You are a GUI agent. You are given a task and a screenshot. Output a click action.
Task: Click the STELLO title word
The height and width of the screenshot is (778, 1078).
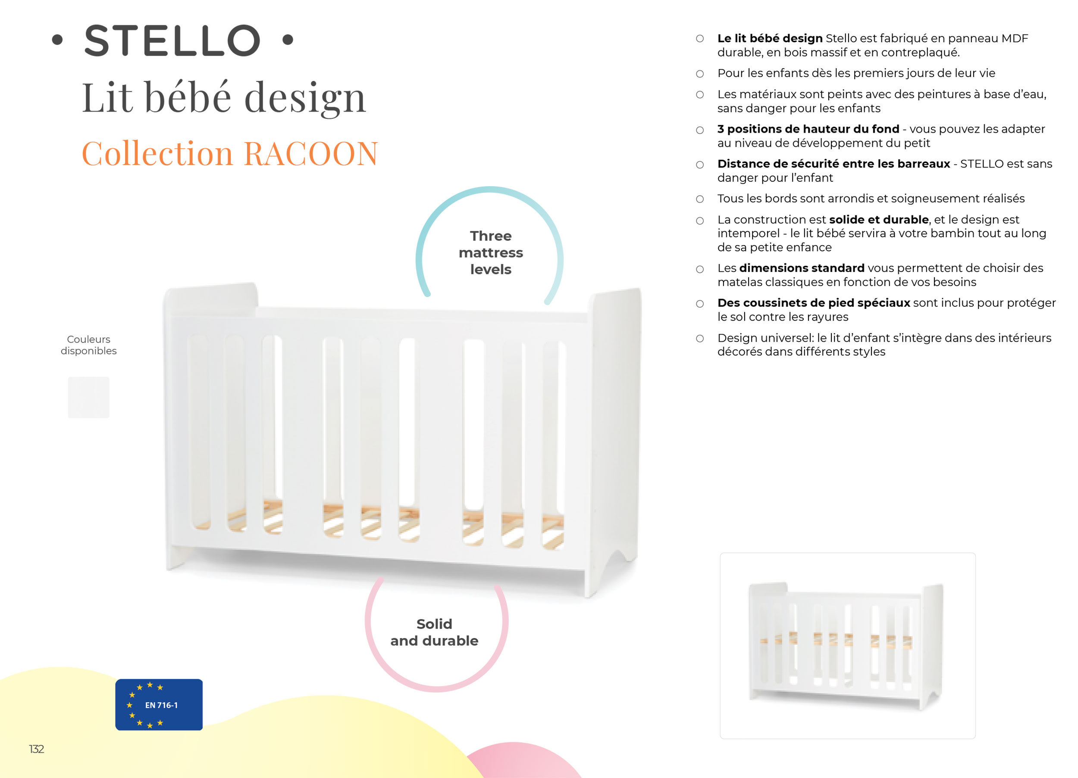click(x=172, y=41)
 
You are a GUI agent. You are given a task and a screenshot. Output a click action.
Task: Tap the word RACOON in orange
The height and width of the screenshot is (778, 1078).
click(x=311, y=154)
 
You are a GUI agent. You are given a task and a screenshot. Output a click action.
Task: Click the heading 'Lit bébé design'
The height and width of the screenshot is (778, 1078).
click(x=224, y=97)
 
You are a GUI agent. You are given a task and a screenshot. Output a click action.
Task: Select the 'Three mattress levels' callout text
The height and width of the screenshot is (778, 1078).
click(x=491, y=253)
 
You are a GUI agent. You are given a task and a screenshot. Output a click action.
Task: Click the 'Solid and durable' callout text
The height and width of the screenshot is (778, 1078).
click(x=434, y=632)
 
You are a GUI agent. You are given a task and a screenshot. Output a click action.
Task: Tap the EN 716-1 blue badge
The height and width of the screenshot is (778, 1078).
click(x=159, y=704)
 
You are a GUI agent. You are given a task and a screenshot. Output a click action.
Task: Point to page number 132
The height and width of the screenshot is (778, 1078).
click(x=37, y=749)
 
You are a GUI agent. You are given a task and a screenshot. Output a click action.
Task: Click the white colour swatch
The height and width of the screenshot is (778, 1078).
click(x=88, y=398)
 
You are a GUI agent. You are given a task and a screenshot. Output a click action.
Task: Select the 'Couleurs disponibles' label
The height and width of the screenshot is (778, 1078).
click(x=88, y=345)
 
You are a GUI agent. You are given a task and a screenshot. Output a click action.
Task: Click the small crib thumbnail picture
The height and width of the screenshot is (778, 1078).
click(x=847, y=645)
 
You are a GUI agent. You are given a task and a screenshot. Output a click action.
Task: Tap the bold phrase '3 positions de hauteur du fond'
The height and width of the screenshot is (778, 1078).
click(x=808, y=129)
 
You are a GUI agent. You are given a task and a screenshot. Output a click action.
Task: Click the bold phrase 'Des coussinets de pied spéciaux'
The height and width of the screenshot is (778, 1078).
click(x=814, y=303)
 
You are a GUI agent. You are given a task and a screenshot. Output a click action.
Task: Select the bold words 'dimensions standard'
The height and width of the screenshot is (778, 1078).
click(x=802, y=268)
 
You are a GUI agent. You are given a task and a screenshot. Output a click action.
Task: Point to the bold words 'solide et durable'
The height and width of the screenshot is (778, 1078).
click(x=879, y=219)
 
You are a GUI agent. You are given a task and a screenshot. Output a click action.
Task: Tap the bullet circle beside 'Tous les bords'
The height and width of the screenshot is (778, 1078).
click(x=700, y=199)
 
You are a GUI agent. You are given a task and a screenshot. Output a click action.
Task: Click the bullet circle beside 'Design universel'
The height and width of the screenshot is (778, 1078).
click(x=700, y=338)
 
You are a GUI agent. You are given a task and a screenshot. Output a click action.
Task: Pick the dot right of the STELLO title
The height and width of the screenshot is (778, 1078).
click(x=288, y=40)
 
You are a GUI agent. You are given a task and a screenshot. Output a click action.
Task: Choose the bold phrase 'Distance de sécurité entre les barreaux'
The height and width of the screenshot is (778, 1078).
click(x=834, y=164)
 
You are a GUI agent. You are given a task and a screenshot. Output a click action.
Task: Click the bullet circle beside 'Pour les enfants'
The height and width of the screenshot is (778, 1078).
click(x=700, y=74)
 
